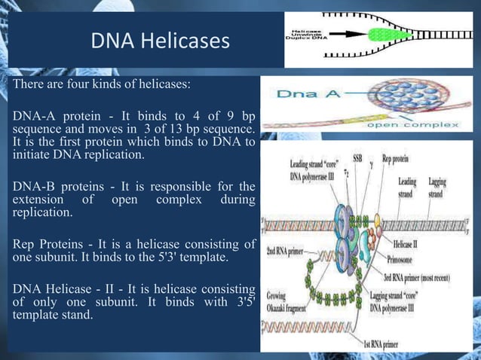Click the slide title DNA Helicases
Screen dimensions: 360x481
[x=160, y=41]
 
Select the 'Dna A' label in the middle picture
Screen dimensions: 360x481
[x=300, y=94]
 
